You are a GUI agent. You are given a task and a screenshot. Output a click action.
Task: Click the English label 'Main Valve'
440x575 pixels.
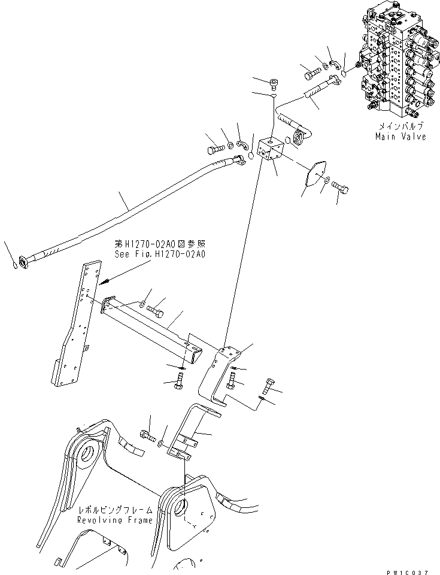pyautogui.click(x=400, y=137)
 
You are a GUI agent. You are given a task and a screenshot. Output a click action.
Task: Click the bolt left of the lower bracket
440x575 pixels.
pyautogui.click(x=147, y=434)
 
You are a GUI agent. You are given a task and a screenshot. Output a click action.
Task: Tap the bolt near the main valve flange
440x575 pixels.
pyautogui.click(x=311, y=75)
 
